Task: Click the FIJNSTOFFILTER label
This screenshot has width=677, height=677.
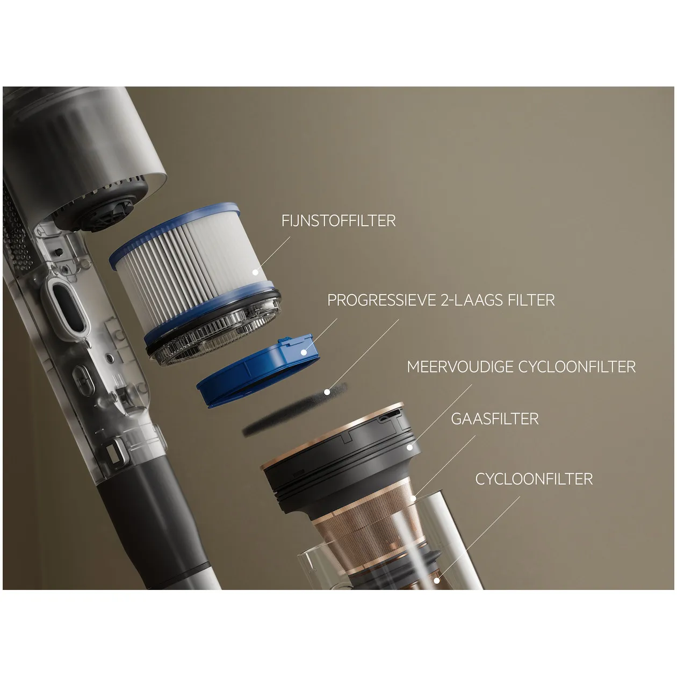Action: pyautogui.click(x=338, y=221)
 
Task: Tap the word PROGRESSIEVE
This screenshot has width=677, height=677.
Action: pyautogui.click(x=381, y=300)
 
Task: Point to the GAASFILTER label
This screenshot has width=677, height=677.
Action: pyautogui.click(x=495, y=419)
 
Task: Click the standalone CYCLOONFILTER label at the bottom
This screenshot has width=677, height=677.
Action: pyautogui.click(x=534, y=479)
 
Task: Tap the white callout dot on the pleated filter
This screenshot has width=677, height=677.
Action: pyautogui.click(x=255, y=272)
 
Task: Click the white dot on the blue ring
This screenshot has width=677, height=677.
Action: pyautogui.click(x=304, y=352)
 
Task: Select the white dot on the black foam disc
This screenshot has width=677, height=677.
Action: pyautogui.click(x=327, y=392)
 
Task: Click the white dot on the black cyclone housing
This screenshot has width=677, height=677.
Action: pyautogui.click(x=409, y=447)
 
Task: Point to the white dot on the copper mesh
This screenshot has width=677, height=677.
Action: pyautogui.click(x=414, y=498)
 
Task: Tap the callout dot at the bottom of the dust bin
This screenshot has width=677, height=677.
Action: pyautogui.click(x=437, y=581)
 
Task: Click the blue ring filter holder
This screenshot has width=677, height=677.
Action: pyautogui.click(x=258, y=372)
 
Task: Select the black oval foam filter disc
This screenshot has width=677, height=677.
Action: pyautogui.click(x=295, y=409)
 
